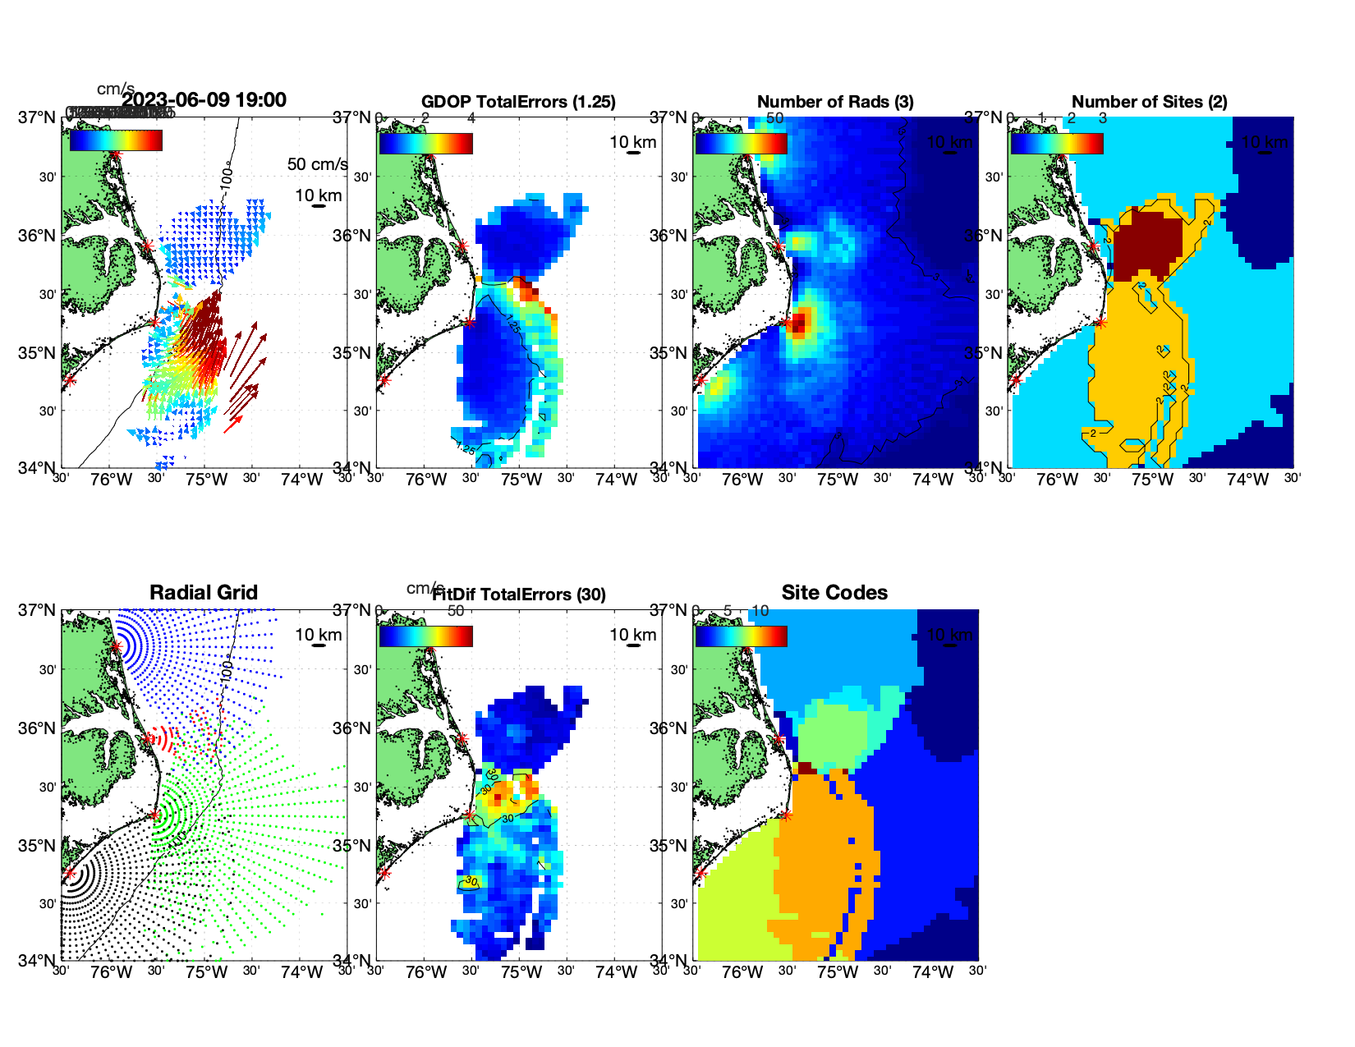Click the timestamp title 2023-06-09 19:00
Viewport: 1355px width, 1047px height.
204,100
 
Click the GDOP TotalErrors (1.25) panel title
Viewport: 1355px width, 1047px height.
518,102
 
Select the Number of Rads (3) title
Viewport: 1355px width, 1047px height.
835,102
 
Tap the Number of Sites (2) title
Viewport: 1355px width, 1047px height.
1150,102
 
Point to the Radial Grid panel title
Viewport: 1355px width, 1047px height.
204,593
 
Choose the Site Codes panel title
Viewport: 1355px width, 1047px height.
834,593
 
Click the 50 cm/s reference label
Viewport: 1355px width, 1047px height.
318,164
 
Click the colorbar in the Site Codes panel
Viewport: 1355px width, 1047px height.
741,636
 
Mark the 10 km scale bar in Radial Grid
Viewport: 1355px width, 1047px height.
319,645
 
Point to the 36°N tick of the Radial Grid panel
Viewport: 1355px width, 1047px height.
38,728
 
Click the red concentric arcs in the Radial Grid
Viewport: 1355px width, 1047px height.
164,739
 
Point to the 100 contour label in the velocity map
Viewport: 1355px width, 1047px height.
227,177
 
